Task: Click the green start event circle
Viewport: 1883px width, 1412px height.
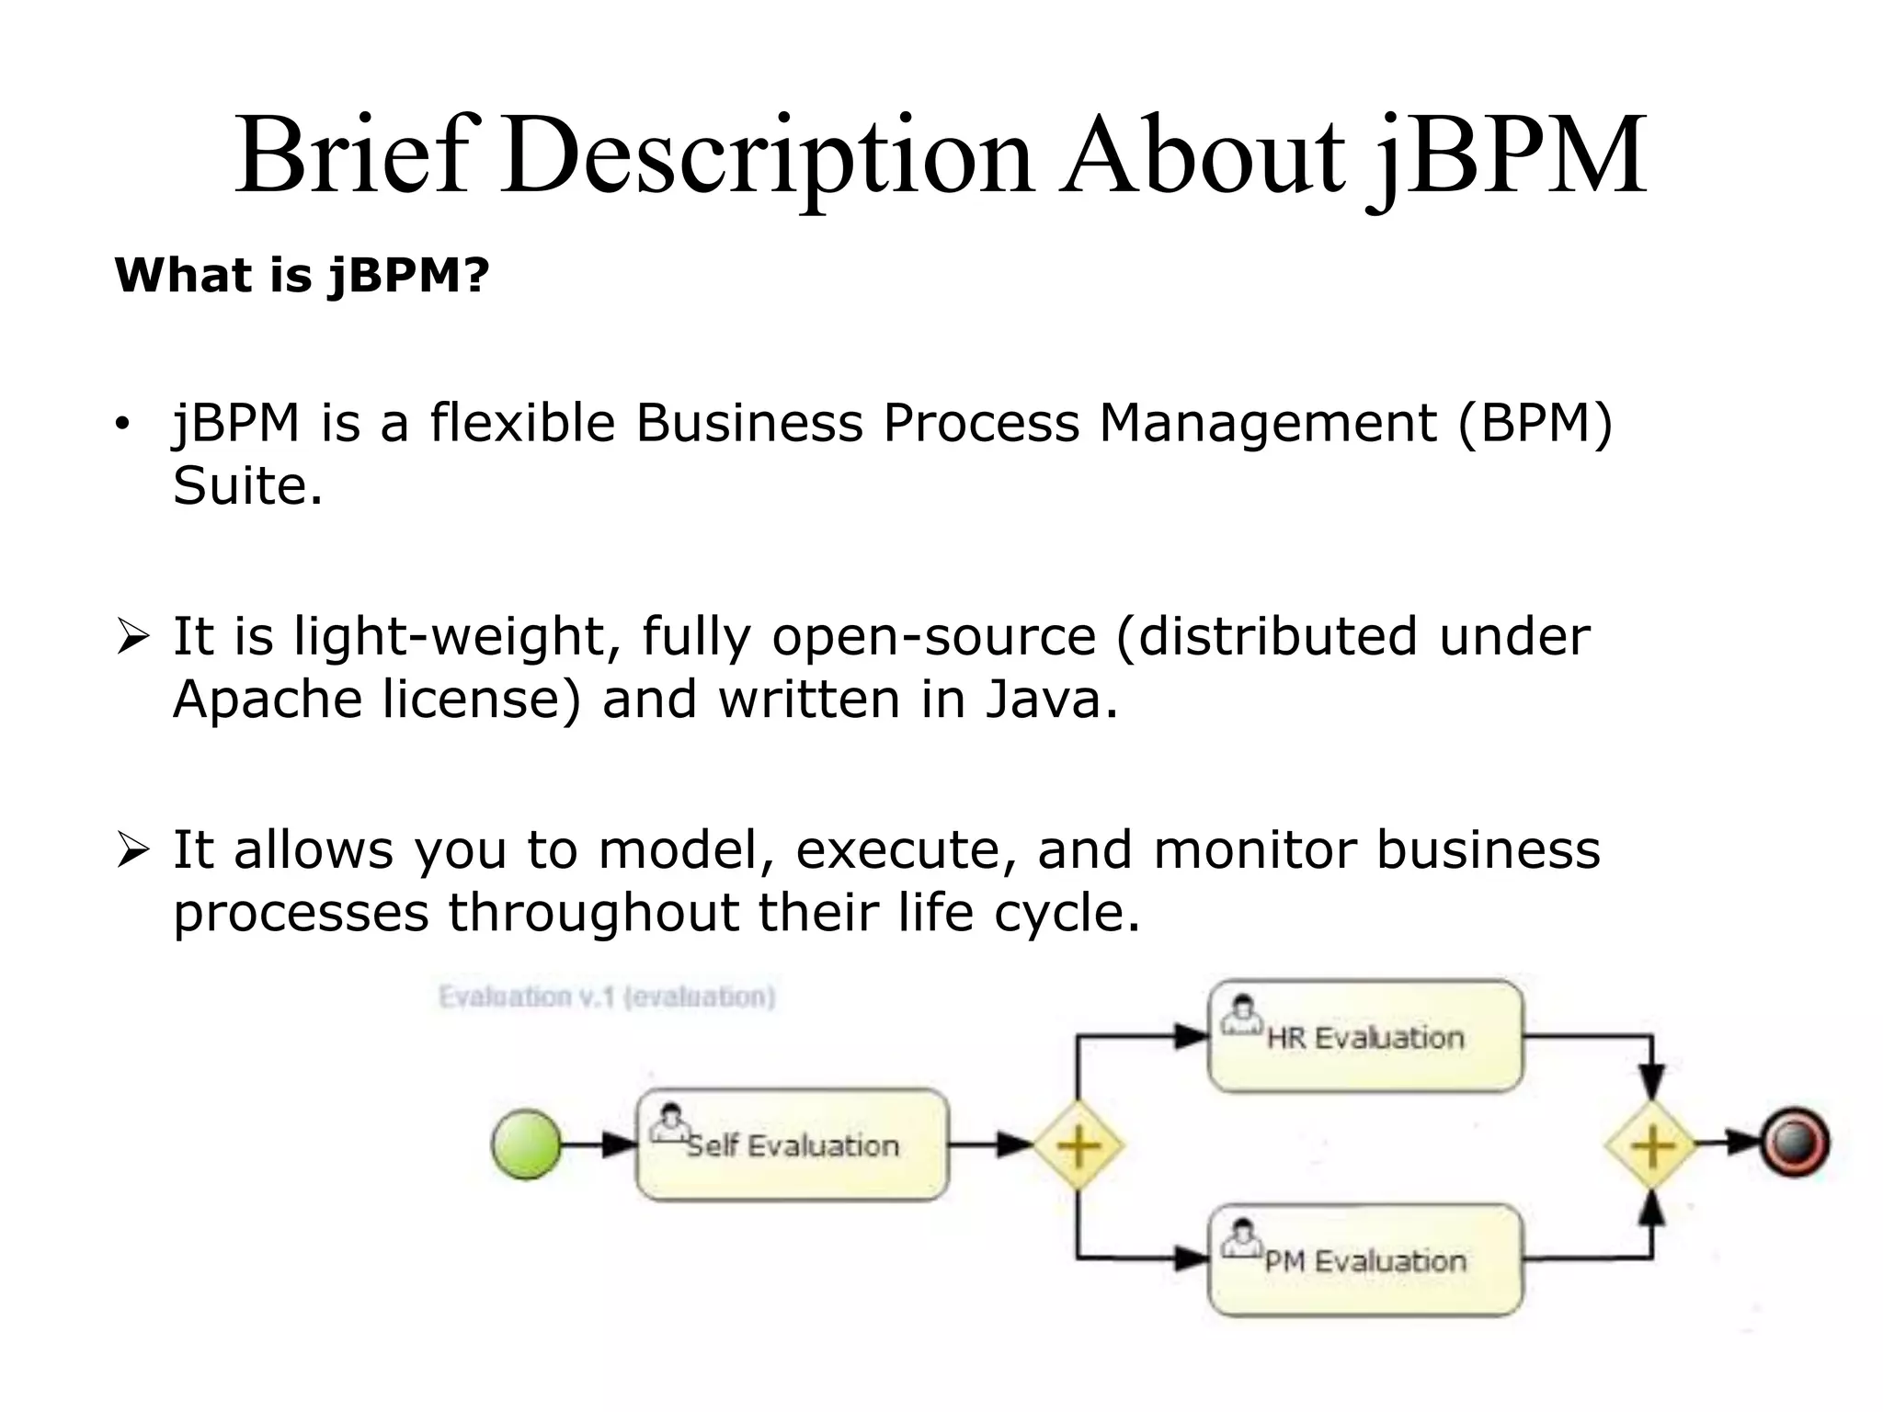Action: pos(526,1144)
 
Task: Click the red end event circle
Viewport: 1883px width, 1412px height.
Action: pos(1795,1144)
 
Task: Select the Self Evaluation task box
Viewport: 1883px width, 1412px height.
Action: pos(792,1144)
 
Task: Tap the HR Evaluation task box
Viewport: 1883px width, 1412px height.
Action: pos(1365,1036)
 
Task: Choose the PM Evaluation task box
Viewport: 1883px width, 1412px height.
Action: pos(1365,1260)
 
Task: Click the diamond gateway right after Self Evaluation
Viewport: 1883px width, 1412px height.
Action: pos(1078,1145)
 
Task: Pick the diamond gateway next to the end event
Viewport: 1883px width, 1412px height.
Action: pos(1652,1145)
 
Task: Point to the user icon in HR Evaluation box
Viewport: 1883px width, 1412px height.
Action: pos(1241,1015)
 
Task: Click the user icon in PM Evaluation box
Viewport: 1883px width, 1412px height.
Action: pos(1241,1238)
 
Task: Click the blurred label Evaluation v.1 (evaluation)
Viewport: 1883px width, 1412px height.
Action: pos(607,997)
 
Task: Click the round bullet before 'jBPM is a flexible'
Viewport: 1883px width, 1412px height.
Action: pos(121,425)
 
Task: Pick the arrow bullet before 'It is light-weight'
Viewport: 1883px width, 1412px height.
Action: pos(132,637)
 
